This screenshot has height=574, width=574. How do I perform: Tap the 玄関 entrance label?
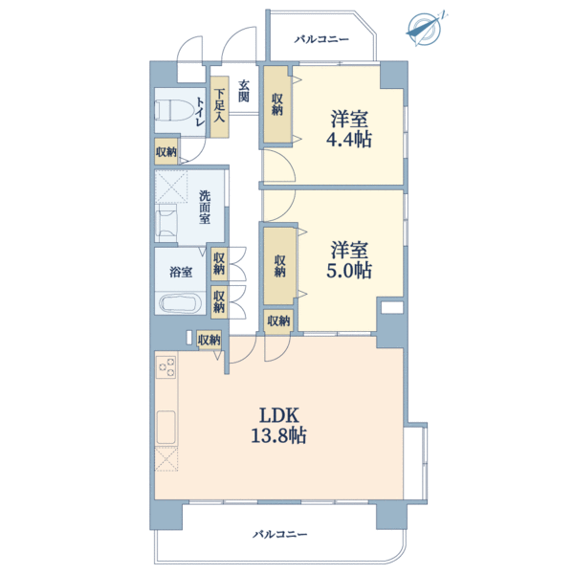(x=244, y=91)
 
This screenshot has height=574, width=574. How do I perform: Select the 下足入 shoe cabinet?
(x=219, y=106)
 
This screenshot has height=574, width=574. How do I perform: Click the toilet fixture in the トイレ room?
(x=173, y=110)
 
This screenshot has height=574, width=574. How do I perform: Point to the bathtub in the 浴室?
(x=181, y=303)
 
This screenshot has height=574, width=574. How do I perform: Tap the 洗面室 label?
(x=205, y=207)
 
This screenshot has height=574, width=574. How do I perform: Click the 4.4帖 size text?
(x=349, y=139)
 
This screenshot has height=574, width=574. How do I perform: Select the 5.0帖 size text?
(x=349, y=270)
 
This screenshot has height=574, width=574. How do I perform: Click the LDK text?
(x=279, y=415)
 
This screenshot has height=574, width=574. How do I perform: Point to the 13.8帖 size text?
(x=278, y=435)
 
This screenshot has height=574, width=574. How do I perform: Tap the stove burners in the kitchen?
(x=166, y=367)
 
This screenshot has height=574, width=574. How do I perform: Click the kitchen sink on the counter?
(x=166, y=428)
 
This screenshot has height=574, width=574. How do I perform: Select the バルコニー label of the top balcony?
(x=321, y=39)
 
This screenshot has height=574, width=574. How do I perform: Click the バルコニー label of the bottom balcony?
(x=280, y=534)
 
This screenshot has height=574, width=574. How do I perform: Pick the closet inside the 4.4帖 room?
(x=276, y=104)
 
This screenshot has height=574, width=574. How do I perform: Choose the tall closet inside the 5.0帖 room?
(x=279, y=266)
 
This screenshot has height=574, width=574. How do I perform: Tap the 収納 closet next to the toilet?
(x=166, y=151)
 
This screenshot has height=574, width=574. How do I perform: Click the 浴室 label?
(x=181, y=272)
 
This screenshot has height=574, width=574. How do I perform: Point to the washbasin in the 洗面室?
(x=166, y=223)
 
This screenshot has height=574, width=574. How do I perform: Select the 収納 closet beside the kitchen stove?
(x=209, y=340)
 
